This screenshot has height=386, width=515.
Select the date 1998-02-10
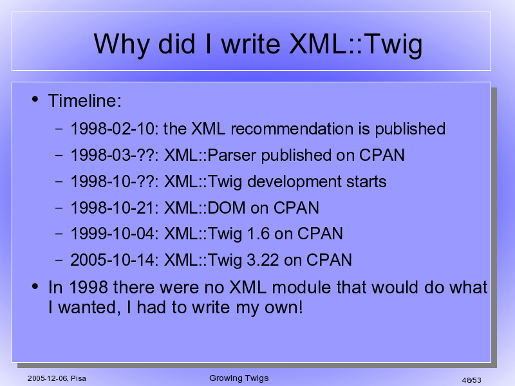click(112, 129)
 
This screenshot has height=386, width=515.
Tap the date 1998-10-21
click(112, 208)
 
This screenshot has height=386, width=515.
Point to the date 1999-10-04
click(112, 234)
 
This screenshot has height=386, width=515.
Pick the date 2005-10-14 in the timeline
click(112, 260)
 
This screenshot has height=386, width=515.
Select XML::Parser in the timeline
click(210, 155)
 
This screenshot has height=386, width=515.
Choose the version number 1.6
click(258, 234)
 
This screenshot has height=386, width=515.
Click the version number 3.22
click(263, 260)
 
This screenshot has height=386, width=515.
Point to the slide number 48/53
click(471, 380)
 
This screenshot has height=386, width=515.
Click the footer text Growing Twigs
click(239, 378)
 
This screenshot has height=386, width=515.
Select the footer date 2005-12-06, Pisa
click(57, 378)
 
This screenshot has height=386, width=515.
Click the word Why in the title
click(122, 45)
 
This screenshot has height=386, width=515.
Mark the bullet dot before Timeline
click(35, 99)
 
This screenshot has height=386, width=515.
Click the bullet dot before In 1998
click(35, 286)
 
